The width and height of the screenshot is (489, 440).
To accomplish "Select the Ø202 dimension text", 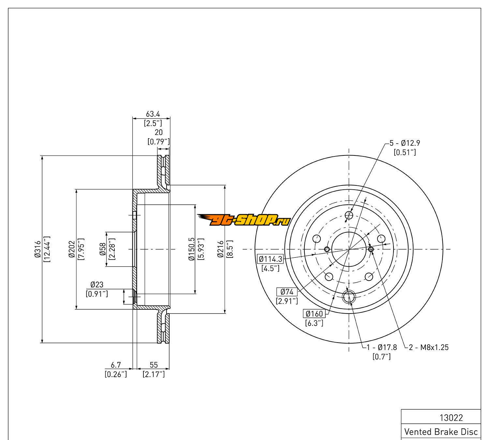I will click(x=72, y=249).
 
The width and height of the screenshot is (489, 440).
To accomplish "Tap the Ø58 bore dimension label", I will click(x=103, y=249).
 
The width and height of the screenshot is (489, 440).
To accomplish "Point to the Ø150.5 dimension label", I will click(x=191, y=249).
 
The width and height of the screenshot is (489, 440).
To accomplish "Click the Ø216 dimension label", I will click(x=221, y=249).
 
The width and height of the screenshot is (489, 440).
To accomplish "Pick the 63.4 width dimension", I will click(x=153, y=114).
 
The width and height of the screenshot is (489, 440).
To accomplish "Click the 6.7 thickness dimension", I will click(x=116, y=365).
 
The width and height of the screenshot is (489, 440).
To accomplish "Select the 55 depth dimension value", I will click(x=154, y=365).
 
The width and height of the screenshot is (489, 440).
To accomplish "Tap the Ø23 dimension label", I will click(x=97, y=285).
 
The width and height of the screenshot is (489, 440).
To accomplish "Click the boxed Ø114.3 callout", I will click(x=270, y=259).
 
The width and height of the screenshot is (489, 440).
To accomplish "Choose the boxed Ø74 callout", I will click(x=287, y=292).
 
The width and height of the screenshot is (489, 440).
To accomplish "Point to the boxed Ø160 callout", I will click(x=314, y=314).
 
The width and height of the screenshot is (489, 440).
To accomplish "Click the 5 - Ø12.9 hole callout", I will click(x=405, y=143).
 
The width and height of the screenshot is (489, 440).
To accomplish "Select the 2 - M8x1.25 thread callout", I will click(x=428, y=347).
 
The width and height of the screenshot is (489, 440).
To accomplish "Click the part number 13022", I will click(x=452, y=418).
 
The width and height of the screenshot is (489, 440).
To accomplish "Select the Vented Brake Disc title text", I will click(x=441, y=432).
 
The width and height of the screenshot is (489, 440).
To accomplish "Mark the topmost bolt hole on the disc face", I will click(x=349, y=215).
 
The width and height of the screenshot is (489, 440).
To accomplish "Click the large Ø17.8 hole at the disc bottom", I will click(x=349, y=297).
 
